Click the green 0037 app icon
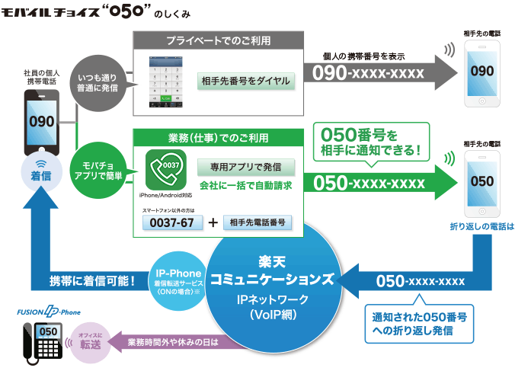165,169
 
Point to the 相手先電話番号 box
257,222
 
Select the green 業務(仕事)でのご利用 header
218,138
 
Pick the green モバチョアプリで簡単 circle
98,169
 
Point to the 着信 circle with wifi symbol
40,172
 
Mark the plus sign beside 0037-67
213,222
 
